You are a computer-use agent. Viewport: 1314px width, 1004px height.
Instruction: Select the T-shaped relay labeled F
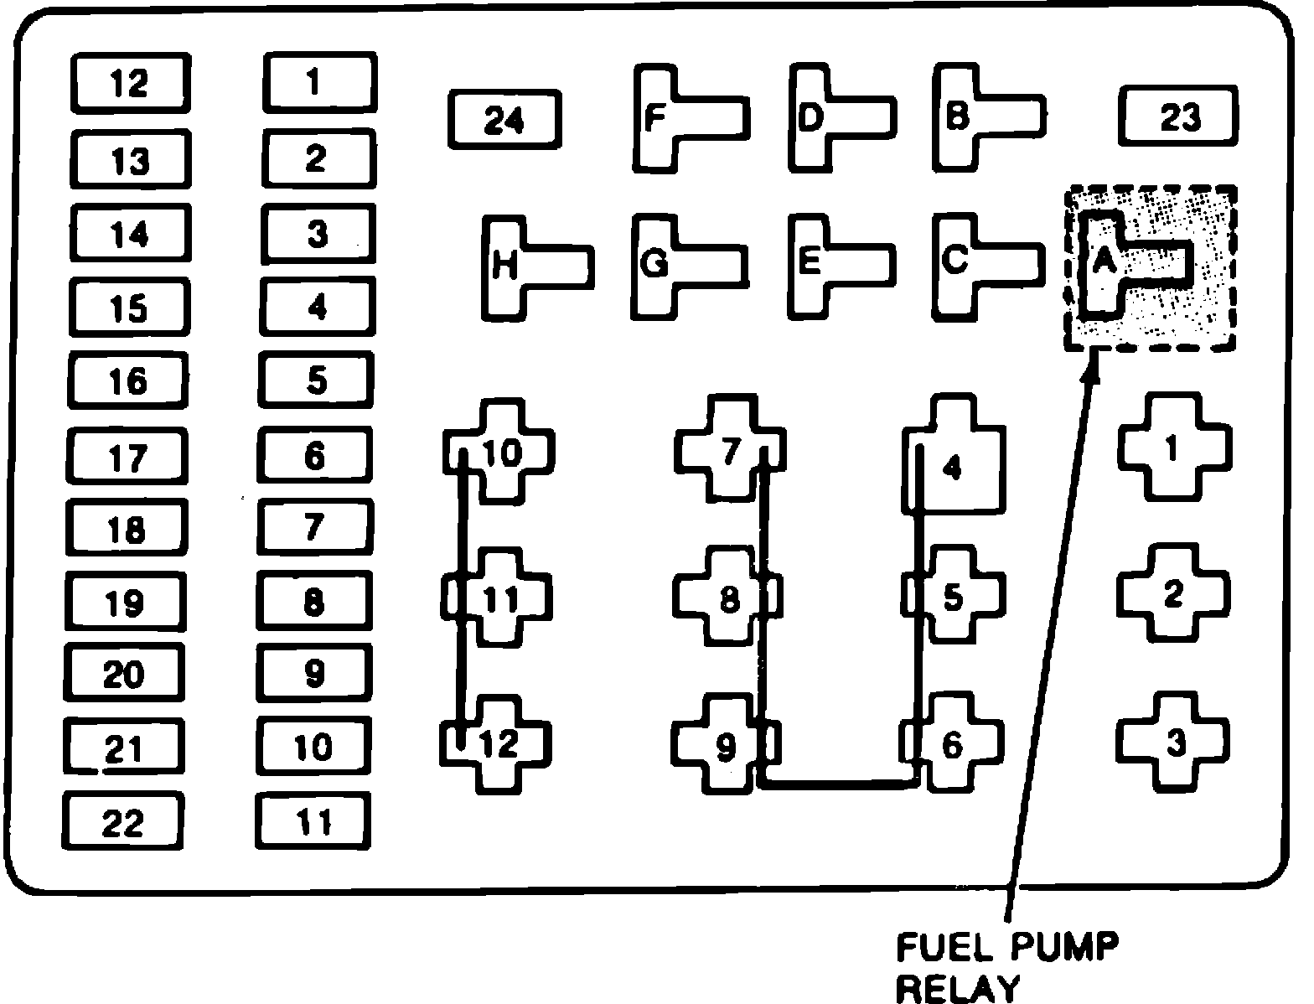point(662,118)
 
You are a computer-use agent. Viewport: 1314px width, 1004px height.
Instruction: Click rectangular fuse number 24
point(504,120)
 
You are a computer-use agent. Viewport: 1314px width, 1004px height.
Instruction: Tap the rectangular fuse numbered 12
point(130,83)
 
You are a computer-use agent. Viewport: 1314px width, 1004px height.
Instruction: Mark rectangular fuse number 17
point(127,456)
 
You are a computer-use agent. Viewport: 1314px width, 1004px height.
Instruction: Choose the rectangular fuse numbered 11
point(313,822)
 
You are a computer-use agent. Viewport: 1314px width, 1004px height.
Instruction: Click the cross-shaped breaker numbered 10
point(498,453)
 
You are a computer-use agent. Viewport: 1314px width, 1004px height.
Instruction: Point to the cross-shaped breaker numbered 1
point(1174,449)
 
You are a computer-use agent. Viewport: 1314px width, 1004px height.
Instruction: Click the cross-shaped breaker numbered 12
point(498,743)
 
